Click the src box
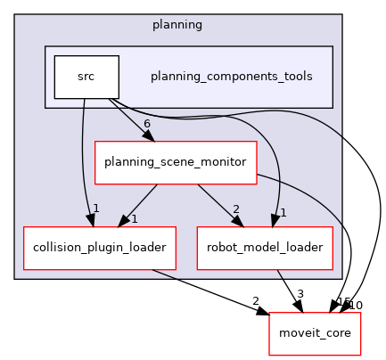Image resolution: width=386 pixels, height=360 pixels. [86, 77]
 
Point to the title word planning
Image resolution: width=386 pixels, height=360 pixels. [177, 25]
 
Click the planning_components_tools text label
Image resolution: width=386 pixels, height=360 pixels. [232, 77]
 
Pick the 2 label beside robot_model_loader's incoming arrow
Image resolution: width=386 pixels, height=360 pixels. [236, 209]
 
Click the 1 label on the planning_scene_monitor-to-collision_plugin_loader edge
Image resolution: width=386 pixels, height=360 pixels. [133, 218]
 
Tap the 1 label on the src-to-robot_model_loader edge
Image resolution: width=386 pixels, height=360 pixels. [282, 212]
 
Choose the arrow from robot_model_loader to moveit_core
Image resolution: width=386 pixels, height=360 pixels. [291, 291]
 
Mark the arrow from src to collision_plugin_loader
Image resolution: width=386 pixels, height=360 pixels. [82, 160]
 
